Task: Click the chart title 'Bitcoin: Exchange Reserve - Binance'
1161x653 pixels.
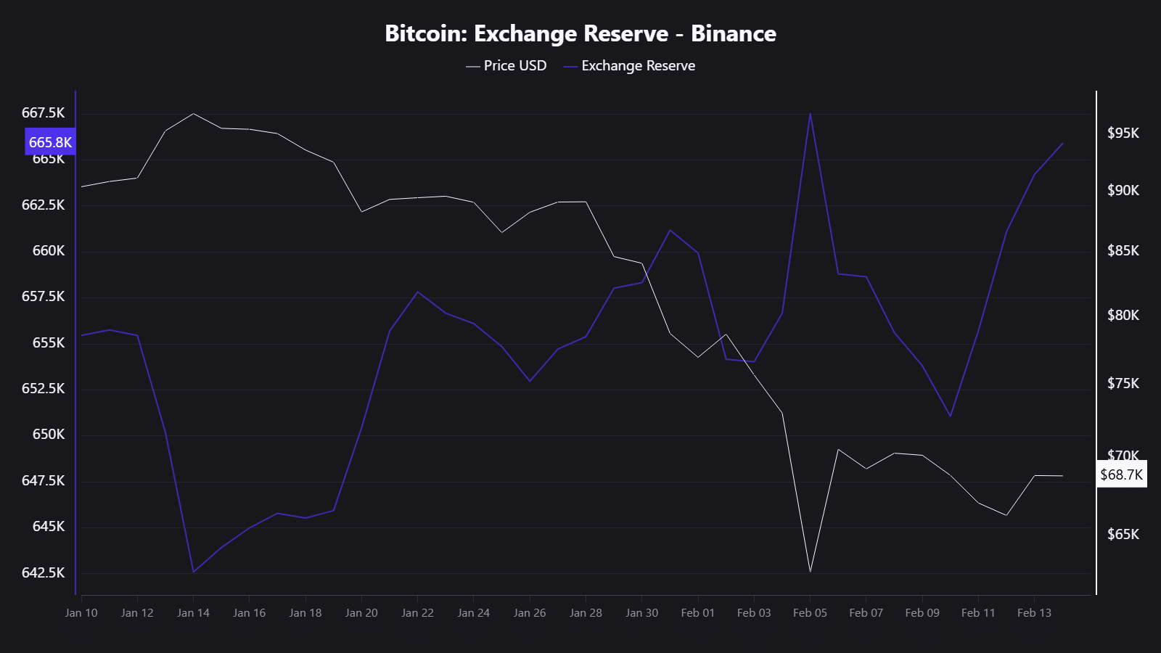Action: point(580,33)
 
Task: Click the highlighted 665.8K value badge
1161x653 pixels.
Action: point(50,142)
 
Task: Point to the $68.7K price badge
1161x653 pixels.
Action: point(1121,475)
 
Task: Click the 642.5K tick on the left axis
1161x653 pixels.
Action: point(43,572)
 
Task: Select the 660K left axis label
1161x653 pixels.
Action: point(49,250)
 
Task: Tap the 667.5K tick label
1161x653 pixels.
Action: point(43,112)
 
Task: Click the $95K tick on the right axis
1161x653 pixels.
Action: point(1123,133)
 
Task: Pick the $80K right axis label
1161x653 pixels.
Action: point(1123,315)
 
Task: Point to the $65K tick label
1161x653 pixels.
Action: point(1123,534)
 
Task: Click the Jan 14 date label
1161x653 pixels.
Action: point(193,612)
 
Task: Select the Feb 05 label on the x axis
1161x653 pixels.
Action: point(810,612)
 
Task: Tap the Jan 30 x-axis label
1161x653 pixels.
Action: point(641,612)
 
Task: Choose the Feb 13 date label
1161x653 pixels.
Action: point(1034,612)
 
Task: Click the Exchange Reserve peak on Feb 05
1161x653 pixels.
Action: point(810,113)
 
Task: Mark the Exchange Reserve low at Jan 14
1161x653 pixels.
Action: point(193,572)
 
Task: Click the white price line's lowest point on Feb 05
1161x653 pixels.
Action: point(810,572)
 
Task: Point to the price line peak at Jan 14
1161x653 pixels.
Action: point(193,114)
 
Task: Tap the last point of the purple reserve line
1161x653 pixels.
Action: point(1062,143)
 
